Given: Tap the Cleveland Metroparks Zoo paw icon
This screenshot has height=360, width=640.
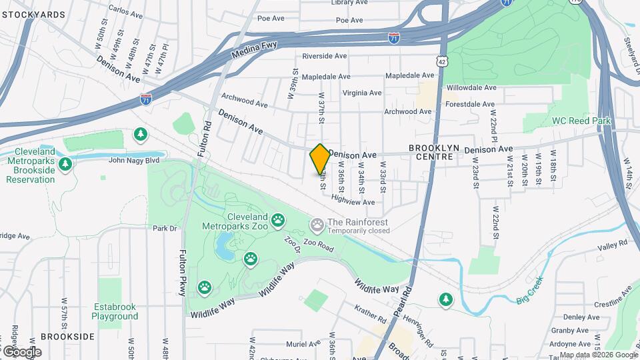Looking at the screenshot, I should (278, 219).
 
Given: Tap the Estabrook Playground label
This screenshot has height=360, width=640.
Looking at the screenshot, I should (114, 311).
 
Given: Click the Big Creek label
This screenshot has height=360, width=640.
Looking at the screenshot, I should (531, 293).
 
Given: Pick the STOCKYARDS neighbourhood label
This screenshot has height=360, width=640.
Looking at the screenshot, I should (33, 14).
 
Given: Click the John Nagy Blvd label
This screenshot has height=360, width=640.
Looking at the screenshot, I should (134, 160).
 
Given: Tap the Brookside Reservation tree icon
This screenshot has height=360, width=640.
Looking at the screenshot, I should (65, 163).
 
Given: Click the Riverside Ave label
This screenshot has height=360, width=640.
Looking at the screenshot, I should (326, 57).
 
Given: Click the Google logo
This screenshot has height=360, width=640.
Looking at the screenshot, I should (22, 351).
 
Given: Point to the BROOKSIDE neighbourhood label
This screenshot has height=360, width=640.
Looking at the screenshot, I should (67, 337).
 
